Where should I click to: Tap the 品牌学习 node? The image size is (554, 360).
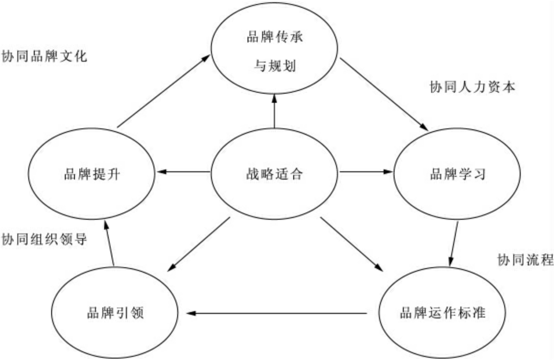pos(458,174)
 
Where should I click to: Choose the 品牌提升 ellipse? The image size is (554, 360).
pos(92,174)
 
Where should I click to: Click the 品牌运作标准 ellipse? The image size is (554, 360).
pos(442,314)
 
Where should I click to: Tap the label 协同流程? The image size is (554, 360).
pos(525,260)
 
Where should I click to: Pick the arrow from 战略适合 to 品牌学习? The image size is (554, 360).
pos(365,172)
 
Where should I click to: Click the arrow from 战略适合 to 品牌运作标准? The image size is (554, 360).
pos(352,244)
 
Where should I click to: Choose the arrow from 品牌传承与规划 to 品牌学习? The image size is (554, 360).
pos(384,95)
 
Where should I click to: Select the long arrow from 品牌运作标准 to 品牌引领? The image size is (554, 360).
pos(276,313)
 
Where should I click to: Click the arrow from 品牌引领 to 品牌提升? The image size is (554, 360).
pos(109,242)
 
